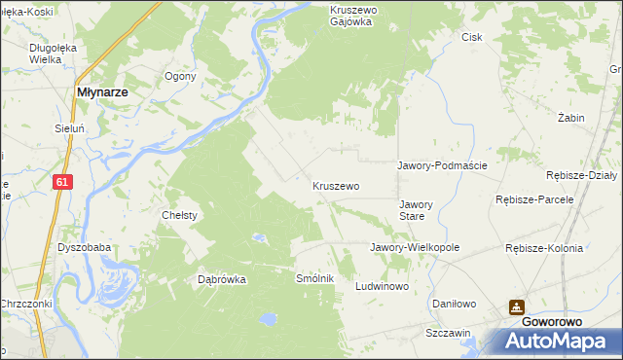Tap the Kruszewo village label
tap(336, 185)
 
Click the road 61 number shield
tap(62, 182)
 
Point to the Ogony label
tap(181, 76)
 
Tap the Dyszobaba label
tap(84, 247)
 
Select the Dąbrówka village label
tap(222, 279)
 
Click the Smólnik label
tap(315, 278)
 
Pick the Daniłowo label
tap(455, 304)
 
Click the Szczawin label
tap(448, 332)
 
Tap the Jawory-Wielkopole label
tap(414, 247)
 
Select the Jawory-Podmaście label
tap(442, 165)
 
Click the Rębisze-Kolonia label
tap(544, 248)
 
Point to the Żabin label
tap(570, 118)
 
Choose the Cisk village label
tap(472, 37)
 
